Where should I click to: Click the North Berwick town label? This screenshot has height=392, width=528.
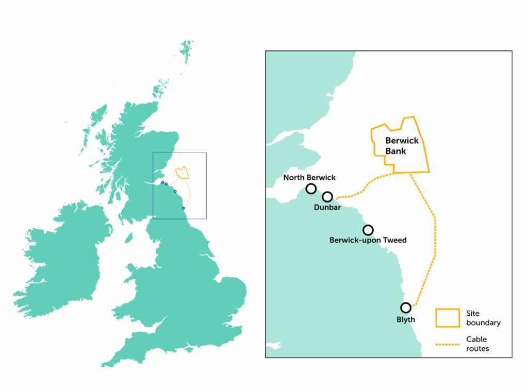pyautogui.click(x=309, y=178)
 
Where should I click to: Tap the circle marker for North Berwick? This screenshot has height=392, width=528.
pyautogui.click(x=311, y=189)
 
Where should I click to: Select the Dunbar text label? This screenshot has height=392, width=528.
pyautogui.click(x=327, y=207)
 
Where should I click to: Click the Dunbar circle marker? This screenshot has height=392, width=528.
pyautogui.click(x=327, y=197)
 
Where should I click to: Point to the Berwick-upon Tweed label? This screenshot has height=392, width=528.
pyautogui.click(x=368, y=240)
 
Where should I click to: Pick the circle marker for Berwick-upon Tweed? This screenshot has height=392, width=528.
pyautogui.click(x=368, y=230)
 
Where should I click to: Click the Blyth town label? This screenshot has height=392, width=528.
pyautogui.click(x=406, y=319)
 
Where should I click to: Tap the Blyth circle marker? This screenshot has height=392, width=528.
pyautogui.click(x=406, y=308)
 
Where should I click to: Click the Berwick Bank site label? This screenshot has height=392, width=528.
pyautogui.click(x=402, y=146)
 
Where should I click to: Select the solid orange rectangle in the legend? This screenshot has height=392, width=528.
pyautogui.click(x=447, y=317)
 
